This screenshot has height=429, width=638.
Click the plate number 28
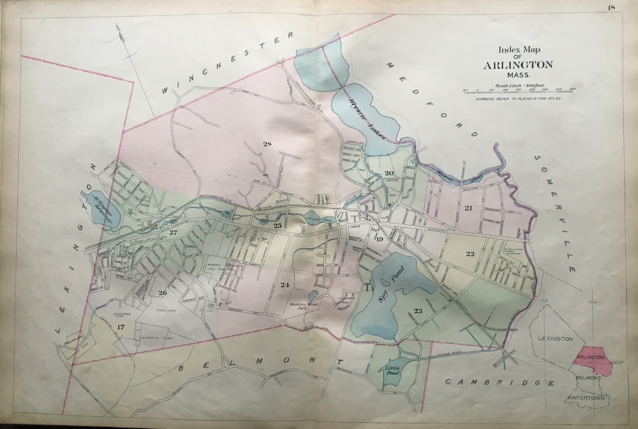coord(267,144)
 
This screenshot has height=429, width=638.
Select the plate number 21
coord(468,208)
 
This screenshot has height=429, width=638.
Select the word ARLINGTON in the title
coord(518,65)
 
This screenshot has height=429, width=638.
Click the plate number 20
coord(389,173)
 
